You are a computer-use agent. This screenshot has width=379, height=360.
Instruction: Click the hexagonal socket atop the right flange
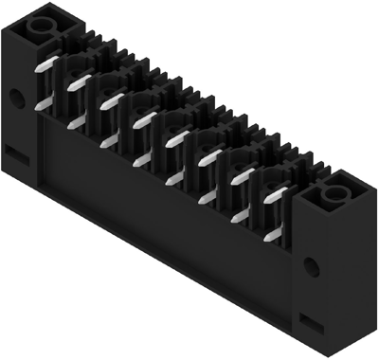334,196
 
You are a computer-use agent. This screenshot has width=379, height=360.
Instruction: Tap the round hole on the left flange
17,97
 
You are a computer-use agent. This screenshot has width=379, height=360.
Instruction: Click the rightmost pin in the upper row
276,193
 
